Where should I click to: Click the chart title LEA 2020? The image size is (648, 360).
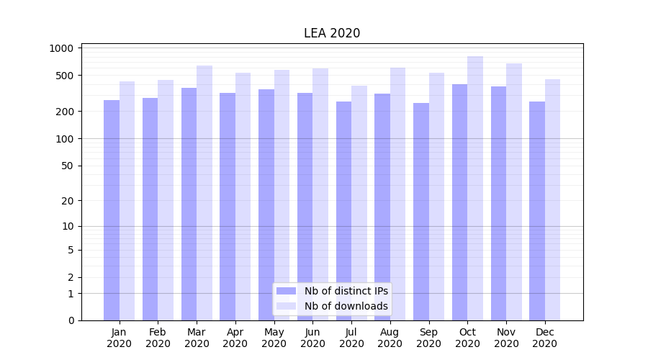point(332,33)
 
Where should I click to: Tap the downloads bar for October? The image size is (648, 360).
point(475,188)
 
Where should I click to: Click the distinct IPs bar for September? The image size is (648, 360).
point(421,212)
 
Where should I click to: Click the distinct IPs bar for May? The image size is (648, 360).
point(266,204)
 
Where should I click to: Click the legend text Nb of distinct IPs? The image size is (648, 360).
point(346,291)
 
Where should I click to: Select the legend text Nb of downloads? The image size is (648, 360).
point(346,306)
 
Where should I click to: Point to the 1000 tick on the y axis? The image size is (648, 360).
point(62,48)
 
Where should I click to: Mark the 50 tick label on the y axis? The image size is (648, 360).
point(68,166)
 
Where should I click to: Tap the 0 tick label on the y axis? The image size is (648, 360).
point(71,320)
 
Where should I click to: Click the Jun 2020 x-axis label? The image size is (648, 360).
point(312,338)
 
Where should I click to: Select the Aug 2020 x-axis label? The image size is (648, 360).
point(390,338)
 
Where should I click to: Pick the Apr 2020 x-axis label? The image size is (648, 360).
point(235,338)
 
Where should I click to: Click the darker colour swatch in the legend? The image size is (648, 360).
point(287,291)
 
